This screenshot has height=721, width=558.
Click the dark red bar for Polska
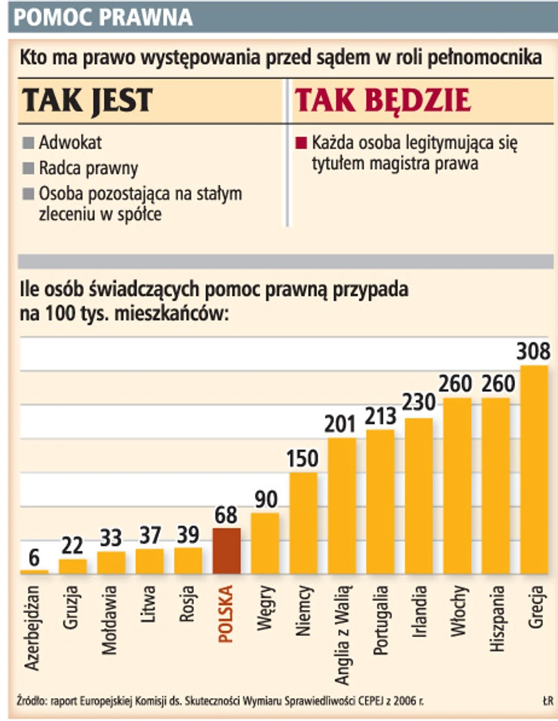[x=227, y=550]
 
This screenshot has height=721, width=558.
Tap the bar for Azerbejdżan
[x=34, y=571]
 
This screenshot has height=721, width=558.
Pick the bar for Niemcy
[x=304, y=523]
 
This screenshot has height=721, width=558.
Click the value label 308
[x=534, y=351]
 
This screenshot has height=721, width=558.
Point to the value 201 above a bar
[x=342, y=424]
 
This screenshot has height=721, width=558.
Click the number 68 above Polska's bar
[x=227, y=515]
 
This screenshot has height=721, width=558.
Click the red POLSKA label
[x=227, y=614]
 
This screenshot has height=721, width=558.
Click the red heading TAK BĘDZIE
[x=383, y=101]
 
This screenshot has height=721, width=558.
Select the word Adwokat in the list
[x=71, y=144]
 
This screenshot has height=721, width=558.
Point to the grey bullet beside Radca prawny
[x=28, y=168]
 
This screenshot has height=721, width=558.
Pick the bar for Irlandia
[x=419, y=496]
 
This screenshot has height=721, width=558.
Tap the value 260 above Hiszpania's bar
[x=496, y=383]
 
